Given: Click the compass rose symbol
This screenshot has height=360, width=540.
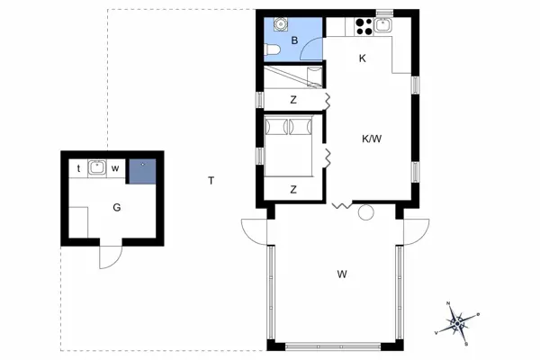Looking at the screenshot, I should click(458, 321).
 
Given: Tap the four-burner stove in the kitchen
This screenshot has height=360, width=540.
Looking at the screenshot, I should click(364, 26).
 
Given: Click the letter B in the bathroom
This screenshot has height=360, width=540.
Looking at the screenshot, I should click(294, 41).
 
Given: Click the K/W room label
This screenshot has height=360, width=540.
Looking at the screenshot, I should click(371, 139).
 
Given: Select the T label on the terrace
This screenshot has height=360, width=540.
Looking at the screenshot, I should click(211, 181).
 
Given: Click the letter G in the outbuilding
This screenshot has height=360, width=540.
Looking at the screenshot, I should click(117, 207).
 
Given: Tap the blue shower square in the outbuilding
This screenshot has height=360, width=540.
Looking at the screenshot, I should click(140, 170).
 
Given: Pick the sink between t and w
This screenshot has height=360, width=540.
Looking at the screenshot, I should click(97, 166).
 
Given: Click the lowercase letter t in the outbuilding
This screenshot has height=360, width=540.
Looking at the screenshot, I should click(79, 168).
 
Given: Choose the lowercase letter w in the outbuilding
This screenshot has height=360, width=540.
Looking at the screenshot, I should click(115, 168).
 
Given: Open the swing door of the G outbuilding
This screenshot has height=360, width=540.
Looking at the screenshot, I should click(108, 257).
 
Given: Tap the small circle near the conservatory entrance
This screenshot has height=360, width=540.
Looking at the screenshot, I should click(365, 213).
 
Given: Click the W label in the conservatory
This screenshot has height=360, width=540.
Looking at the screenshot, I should click(342, 274).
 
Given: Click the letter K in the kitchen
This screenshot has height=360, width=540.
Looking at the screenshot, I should click(362, 59).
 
